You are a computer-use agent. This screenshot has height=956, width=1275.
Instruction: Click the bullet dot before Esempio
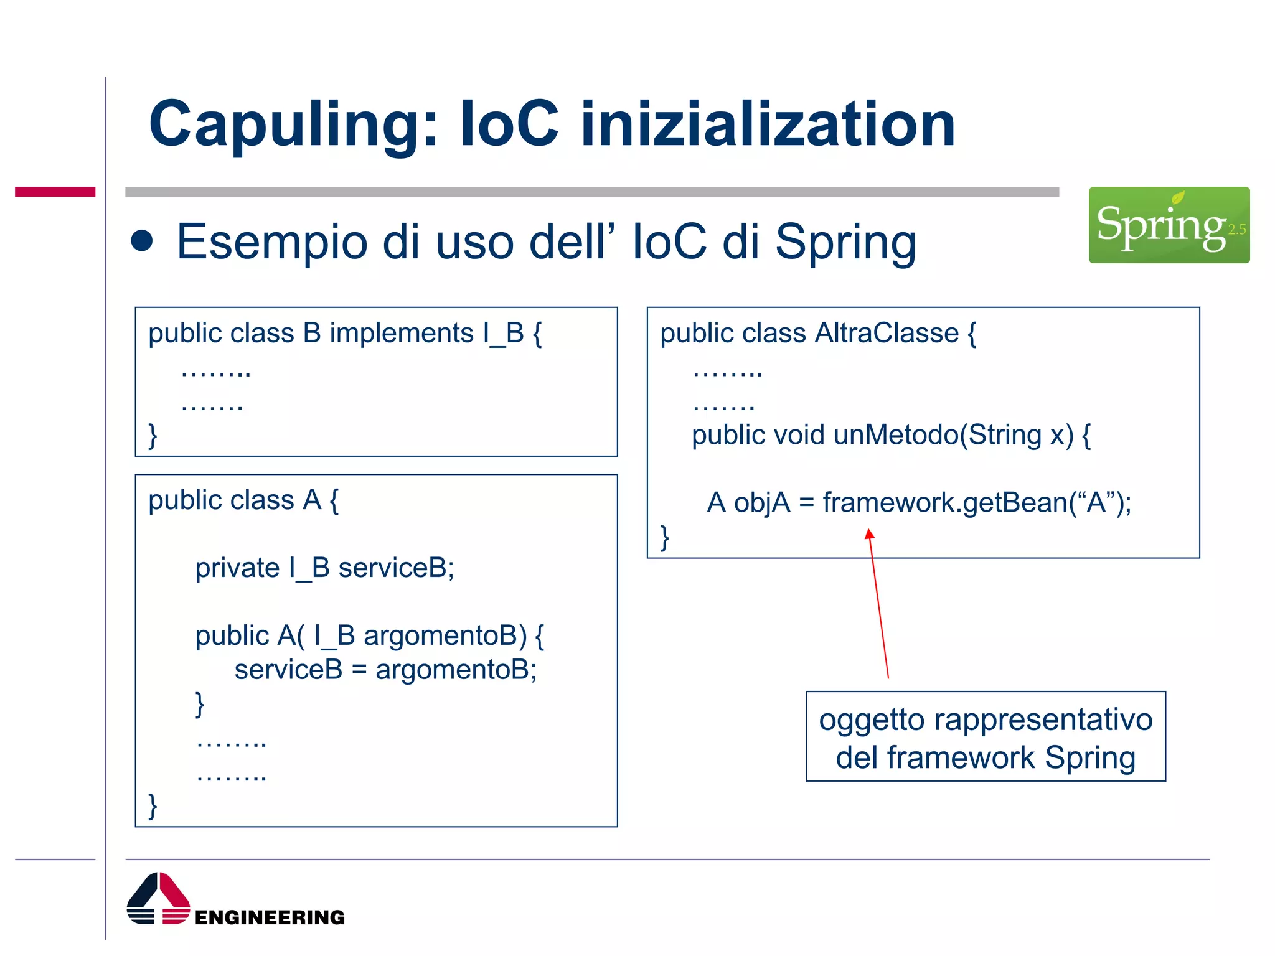coord(142,241)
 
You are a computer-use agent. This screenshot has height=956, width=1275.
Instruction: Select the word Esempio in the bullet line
coord(272,242)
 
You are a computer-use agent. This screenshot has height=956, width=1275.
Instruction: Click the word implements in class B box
coord(402,334)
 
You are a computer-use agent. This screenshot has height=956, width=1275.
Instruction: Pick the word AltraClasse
coord(887,334)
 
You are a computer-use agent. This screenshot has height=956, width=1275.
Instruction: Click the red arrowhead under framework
coord(870,534)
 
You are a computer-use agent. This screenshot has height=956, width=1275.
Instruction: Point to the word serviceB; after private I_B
coord(396,568)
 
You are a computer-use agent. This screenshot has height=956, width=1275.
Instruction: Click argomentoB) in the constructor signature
coord(445,636)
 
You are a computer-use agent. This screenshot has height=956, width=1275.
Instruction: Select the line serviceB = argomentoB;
coord(385,670)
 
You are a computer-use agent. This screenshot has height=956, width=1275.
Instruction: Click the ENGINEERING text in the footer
coord(270,917)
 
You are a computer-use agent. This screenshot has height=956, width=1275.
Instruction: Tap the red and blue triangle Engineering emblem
coord(158,899)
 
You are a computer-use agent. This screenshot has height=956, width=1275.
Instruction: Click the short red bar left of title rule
coord(55,192)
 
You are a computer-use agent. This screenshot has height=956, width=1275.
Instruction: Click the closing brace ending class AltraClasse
coord(664,537)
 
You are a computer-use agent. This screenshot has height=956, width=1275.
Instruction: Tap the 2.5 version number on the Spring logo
coord(1236,230)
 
